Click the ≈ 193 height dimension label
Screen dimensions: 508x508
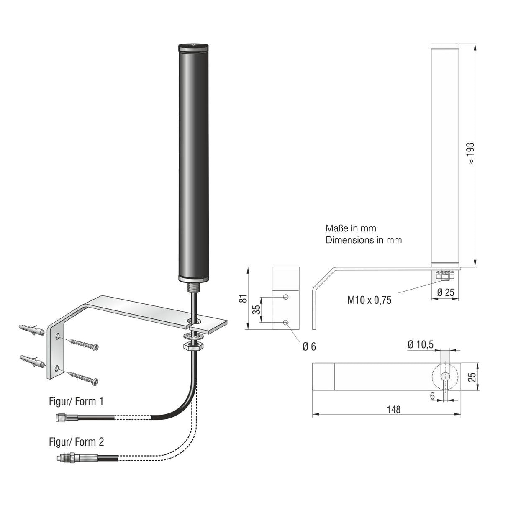tap(470, 153)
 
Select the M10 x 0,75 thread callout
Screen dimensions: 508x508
tap(369, 300)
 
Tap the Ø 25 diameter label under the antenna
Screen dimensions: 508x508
tap(445, 292)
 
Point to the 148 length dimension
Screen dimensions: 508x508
tap(393, 409)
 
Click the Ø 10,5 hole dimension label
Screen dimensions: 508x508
tap(421, 344)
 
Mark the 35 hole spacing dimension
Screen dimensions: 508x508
tap(257, 309)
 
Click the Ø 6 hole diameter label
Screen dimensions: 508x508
tap(309, 346)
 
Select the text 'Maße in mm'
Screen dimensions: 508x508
tap(351, 228)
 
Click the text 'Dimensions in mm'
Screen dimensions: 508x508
tap(363, 240)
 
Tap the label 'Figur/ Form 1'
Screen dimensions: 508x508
tap(76, 401)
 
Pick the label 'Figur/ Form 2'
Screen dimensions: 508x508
tap(76, 441)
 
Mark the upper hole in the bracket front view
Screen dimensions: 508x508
tap(285, 297)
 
